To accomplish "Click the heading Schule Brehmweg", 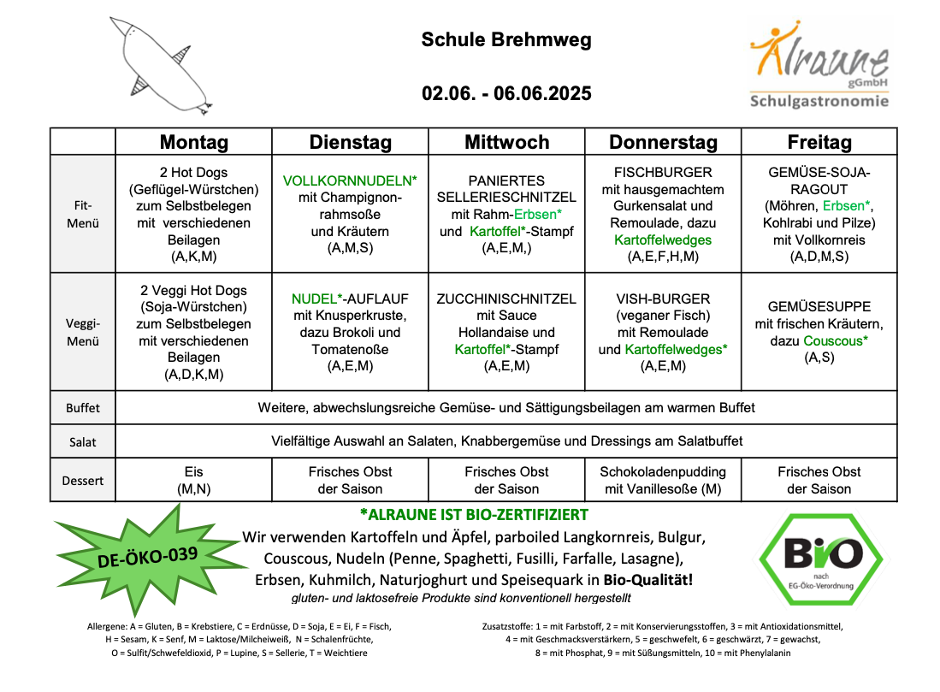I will [506, 40].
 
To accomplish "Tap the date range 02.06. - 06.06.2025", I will [506, 93].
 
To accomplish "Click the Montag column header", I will [193, 142].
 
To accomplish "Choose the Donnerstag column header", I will [663, 142].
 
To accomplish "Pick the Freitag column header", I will [819, 142].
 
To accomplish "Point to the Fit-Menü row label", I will [82, 214].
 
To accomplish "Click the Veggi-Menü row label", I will [82, 332].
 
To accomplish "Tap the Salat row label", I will [82, 442].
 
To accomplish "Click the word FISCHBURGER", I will [663, 173].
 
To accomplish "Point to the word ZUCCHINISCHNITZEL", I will [506, 299].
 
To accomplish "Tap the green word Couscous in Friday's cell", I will [834, 341].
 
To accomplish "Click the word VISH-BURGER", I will [663, 299].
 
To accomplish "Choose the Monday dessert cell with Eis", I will [193, 480].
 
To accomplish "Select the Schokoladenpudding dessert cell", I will [663, 480].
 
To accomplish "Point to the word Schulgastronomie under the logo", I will [819, 101].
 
